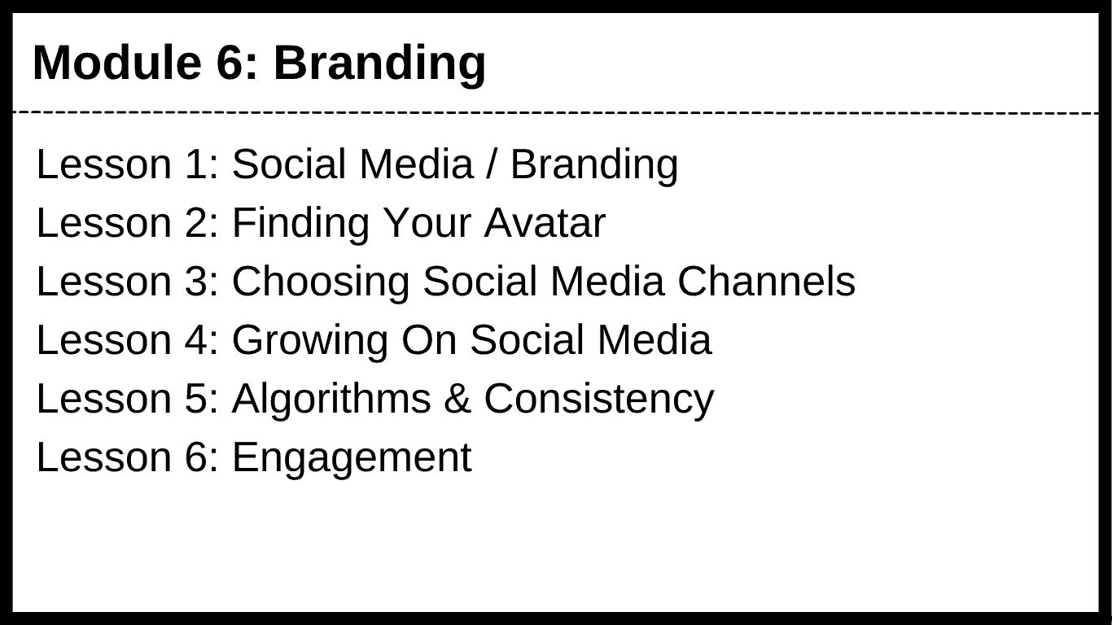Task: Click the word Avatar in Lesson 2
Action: (545, 223)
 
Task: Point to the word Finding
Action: (301, 225)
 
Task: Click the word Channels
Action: (767, 282)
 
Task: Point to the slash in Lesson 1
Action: (492, 164)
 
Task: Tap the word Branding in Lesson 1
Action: (594, 166)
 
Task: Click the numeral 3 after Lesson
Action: (196, 282)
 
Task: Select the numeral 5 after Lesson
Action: (196, 398)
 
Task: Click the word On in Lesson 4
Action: (429, 340)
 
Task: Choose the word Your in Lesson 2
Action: (427, 223)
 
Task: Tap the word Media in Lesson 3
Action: (607, 282)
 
